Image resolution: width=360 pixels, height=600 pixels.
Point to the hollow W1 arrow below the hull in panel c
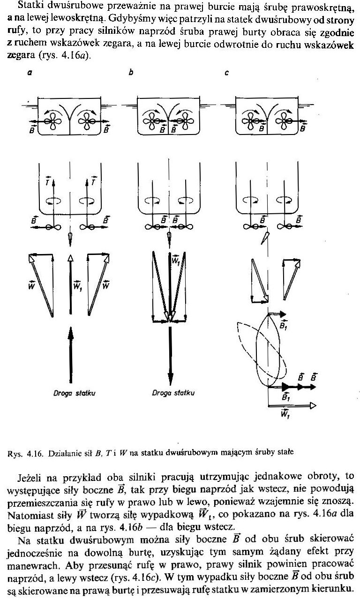[x=291, y=405]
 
